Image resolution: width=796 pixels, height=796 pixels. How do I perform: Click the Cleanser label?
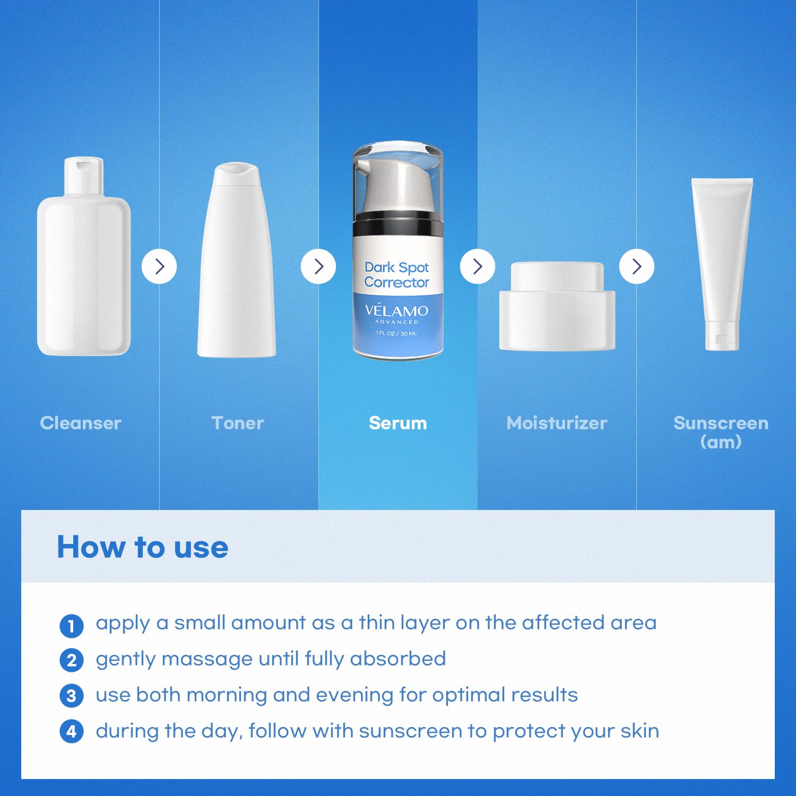[x=81, y=423]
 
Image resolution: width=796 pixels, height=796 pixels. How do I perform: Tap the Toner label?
[x=238, y=423]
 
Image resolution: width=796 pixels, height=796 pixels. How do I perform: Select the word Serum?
[x=398, y=423]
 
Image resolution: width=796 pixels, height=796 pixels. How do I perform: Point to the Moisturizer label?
[x=557, y=423]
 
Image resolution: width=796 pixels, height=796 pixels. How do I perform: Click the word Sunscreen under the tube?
[x=721, y=423]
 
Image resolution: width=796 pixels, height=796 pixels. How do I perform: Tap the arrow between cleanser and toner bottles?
[x=159, y=266]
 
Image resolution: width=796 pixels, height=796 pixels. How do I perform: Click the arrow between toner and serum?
[x=318, y=266]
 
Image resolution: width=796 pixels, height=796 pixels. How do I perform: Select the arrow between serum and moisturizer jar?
[x=478, y=266]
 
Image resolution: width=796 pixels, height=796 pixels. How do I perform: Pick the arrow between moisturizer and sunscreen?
[x=637, y=266]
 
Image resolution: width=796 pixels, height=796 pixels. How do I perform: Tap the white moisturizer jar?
[x=557, y=308]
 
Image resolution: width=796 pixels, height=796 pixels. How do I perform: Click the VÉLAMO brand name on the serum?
[x=396, y=311]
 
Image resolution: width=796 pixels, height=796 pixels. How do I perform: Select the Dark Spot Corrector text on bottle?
[x=396, y=275]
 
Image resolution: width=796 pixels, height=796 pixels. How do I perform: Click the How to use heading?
[x=142, y=547]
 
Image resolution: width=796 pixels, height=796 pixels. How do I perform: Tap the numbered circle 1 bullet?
[x=72, y=626]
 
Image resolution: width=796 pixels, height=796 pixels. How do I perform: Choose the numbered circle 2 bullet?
[x=72, y=661]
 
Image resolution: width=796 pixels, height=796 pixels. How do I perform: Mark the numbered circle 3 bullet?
[x=72, y=696]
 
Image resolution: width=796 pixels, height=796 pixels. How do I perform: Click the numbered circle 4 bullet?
[x=72, y=731]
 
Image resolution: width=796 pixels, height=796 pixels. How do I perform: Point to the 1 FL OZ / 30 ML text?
[x=396, y=333]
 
